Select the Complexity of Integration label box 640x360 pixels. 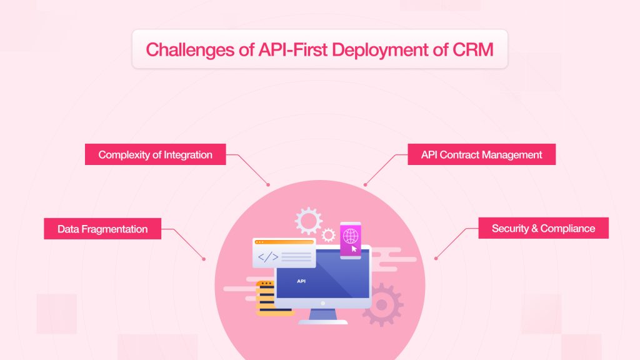tap(155, 154)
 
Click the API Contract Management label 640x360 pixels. tap(482, 154)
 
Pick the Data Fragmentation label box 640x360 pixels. tap(102, 229)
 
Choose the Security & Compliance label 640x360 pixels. tap(543, 228)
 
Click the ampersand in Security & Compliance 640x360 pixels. tap(534, 229)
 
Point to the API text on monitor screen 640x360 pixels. tap(301, 281)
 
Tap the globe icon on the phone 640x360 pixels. tap(350, 236)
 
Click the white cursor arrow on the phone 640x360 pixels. tap(354, 248)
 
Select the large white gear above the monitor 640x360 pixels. tap(309, 221)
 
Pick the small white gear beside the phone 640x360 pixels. tap(328, 235)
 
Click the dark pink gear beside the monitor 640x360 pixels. tap(382, 304)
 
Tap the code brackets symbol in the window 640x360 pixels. tap(267, 257)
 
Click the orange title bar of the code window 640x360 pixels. tap(284, 242)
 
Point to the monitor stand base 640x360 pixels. tap(323, 322)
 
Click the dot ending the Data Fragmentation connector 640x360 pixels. tap(204, 259)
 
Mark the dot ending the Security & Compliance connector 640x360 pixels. tap(436, 258)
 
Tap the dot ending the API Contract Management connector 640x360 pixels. tap(365, 185)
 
